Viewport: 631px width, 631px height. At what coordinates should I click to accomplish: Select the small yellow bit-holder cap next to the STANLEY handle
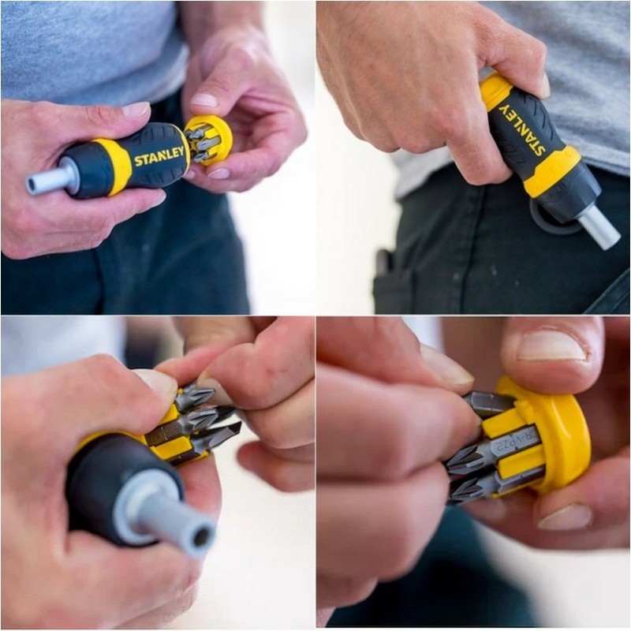pyautogui.click(x=209, y=139)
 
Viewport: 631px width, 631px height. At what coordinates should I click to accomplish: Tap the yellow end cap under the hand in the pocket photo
pyautogui.click(x=495, y=89)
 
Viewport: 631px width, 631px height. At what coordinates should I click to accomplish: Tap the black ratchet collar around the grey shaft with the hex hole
pyautogui.click(x=118, y=481)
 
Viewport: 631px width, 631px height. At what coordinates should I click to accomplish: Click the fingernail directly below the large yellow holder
pyautogui.click(x=566, y=517)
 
